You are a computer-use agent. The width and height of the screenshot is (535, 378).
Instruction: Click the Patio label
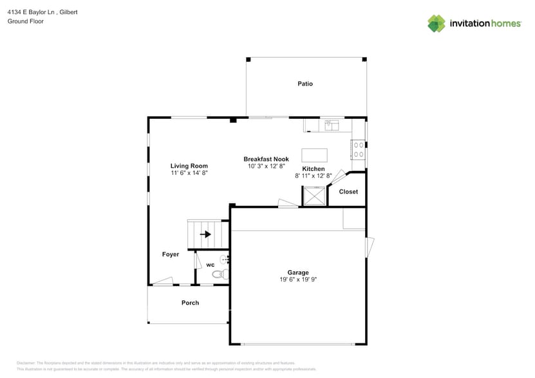coord(305,84)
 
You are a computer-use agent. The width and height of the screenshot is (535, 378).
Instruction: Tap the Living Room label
coord(189,166)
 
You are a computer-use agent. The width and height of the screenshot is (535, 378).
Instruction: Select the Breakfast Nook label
coord(266,159)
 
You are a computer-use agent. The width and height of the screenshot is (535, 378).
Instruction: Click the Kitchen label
coord(314,168)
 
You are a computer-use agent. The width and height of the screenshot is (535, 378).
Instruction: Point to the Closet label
coord(348,192)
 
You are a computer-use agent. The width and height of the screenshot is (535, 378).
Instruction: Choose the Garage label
coord(298,273)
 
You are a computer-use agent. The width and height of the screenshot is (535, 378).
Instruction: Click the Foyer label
coord(171,255)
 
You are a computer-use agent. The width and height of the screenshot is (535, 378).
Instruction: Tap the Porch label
coord(190,303)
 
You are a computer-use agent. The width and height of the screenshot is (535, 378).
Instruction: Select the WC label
coord(210,265)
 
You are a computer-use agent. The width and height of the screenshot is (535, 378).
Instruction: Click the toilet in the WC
coord(219,274)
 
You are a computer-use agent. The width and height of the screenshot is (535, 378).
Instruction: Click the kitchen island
coord(314,156)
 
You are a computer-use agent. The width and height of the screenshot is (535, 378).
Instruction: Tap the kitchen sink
coord(332,125)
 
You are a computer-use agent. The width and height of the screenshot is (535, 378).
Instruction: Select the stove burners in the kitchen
coord(358,150)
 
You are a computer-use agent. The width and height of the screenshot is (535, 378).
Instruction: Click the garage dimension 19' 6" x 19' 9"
coord(298,280)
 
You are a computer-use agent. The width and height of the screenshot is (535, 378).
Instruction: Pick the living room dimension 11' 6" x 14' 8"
coord(189,173)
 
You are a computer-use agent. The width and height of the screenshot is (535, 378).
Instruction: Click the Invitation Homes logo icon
coord(436,24)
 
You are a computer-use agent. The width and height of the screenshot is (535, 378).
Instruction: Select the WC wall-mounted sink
coord(224,260)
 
